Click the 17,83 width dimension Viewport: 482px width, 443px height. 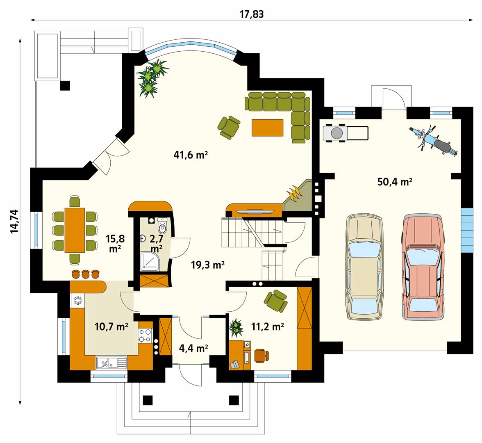pos(252,14)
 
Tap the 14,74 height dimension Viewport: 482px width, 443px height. pos(14,221)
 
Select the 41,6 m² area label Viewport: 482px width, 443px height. pos(191,155)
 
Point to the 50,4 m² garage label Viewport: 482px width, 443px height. pos(395,182)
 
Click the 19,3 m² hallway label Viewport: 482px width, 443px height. pos(208,265)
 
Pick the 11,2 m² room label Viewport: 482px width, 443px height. pos(267,327)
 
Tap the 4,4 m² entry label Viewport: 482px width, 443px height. pos(193,349)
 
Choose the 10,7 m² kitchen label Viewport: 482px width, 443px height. pos(111,327)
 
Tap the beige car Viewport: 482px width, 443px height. pos(365,267)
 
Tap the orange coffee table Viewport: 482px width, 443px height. pos(267,128)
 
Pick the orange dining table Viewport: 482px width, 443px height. pos(75,230)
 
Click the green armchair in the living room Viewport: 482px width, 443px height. pos(229,127)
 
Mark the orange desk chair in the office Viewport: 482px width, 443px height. pos(261,355)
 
